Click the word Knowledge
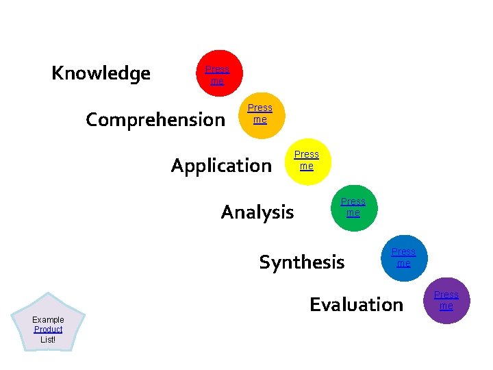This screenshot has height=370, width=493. pyautogui.click(x=101, y=73)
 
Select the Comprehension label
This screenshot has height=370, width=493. pyautogui.click(x=155, y=120)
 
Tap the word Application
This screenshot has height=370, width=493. pyautogui.click(x=220, y=166)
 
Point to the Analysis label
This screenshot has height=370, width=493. pyautogui.click(x=257, y=212)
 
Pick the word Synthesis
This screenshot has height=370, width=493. pyautogui.click(x=301, y=262)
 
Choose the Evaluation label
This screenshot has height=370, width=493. pyautogui.click(x=356, y=304)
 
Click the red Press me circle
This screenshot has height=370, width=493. pyautogui.click(x=217, y=74)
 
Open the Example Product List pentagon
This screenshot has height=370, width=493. pyautogui.click(x=48, y=321)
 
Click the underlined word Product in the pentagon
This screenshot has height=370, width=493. pyautogui.click(x=48, y=330)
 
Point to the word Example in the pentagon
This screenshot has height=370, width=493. pyautogui.click(x=48, y=320)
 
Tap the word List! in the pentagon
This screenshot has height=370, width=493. pyautogui.click(x=48, y=339)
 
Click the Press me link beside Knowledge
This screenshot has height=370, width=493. pyautogui.click(x=217, y=75)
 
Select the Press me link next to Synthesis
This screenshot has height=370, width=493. pyautogui.click(x=403, y=258)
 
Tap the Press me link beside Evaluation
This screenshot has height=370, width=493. pyautogui.click(x=446, y=300)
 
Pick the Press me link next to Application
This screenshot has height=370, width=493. pyautogui.click(x=306, y=160)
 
